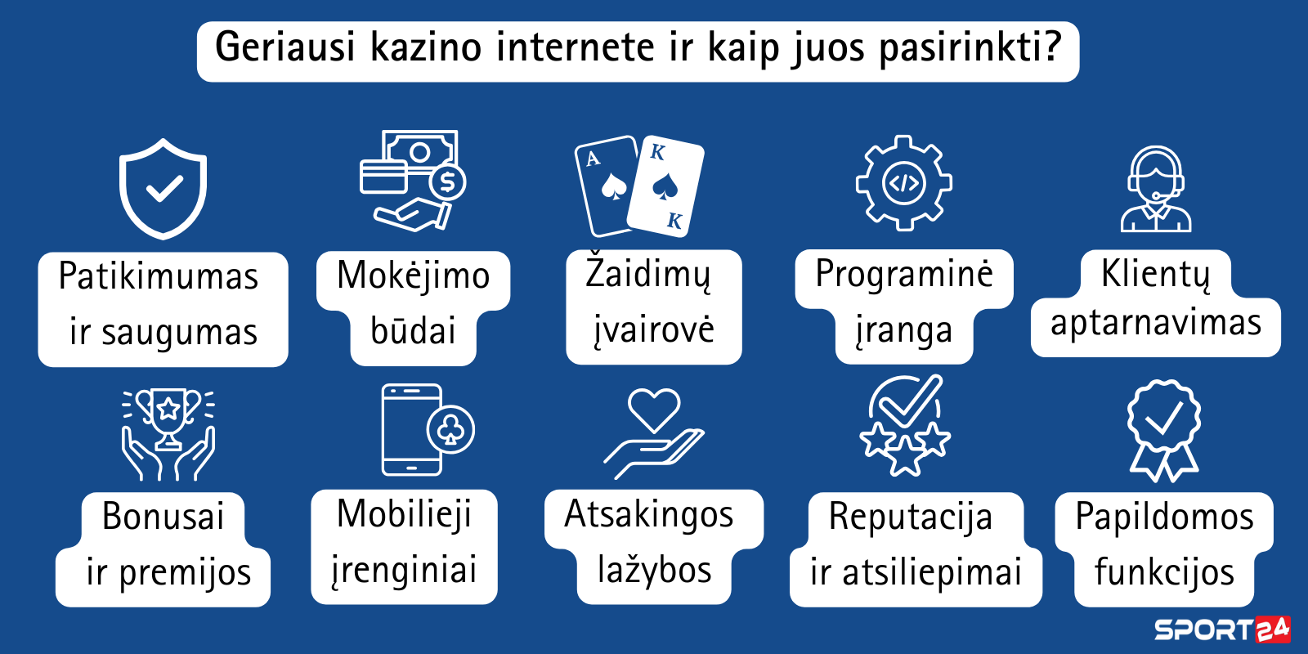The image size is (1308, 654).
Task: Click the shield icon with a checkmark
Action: (163, 189)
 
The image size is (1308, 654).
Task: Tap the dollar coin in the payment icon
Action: (447, 182)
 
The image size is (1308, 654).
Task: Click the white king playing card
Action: (665, 187)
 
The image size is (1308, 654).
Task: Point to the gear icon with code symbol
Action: (904, 183)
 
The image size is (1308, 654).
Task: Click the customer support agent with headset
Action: (1156, 189)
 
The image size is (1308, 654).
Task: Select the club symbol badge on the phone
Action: (450, 430)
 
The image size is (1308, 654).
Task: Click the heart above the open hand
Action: (654, 410)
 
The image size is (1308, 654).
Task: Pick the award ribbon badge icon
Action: (1164, 430)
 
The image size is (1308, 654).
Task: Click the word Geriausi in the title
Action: (285, 48)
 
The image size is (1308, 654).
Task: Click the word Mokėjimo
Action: (414, 275)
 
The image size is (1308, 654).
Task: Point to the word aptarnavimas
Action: (1156, 324)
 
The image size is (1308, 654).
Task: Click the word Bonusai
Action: (163, 516)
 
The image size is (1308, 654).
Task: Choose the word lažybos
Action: (655, 570)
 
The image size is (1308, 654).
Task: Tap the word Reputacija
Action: (911, 518)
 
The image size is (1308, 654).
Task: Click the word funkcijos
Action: (1164, 571)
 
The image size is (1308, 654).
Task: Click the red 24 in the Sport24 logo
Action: (1272, 629)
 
